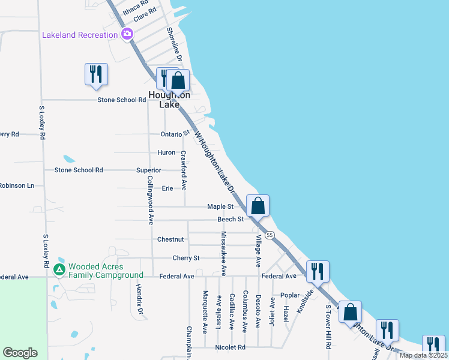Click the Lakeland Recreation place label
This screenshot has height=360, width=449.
click(x=80, y=35)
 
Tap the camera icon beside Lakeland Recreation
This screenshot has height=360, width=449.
click(x=127, y=34)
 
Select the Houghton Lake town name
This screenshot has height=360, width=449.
click(x=169, y=100)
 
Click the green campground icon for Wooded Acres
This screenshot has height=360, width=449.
click(x=59, y=271)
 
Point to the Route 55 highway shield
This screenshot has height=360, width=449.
click(x=271, y=235)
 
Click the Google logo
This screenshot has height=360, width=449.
click(x=20, y=353)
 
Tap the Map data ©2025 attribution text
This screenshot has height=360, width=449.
click(x=423, y=355)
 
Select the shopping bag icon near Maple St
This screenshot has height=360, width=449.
click(x=258, y=206)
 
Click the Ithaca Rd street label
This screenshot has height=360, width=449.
click(x=135, y=8)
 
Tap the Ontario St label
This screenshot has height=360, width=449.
click(x=175, y=134)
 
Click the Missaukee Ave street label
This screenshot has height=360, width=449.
click(x=223, y=253)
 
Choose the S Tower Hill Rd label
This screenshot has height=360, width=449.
click(x=328, y=327)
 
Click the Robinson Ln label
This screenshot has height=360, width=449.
click(x=17, y=186)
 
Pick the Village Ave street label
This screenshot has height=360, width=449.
click(x=258, y=251)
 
